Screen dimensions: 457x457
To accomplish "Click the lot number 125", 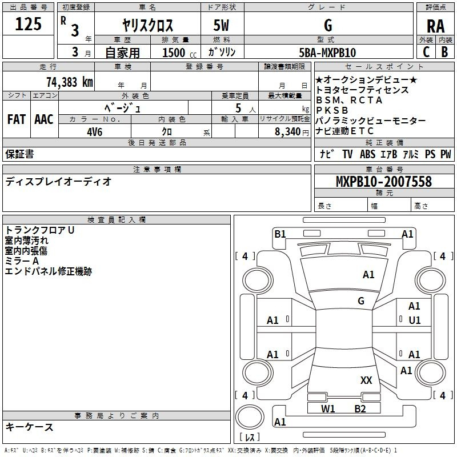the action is [x=28, y=24].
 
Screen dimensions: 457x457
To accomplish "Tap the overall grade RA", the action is [x=435, y=26].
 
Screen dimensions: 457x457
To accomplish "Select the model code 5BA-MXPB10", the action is [x=327, y=53].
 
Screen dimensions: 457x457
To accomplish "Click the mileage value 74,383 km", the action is [x=70, y=82].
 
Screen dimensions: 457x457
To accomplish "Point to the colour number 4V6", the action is [x=95, y=132].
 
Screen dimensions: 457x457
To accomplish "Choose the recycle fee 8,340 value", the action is [x=288, y=132].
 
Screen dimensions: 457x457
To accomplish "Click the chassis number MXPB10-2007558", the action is [x=384, y=181].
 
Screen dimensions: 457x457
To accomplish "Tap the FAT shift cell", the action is [x=17, y=119].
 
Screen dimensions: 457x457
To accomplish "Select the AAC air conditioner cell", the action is [x=44, y=119].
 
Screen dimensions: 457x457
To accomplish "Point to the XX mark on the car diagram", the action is [x=366, y=380].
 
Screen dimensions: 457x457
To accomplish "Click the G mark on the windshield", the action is [x=361, y=301].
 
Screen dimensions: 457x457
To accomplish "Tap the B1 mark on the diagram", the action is [x=280, y=234].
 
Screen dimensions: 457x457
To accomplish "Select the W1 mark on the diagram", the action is [x=328, y=409].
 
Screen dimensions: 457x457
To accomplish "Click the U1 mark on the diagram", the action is [x=415, y=320].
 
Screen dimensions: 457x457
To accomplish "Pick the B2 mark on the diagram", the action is [x=360, y=409].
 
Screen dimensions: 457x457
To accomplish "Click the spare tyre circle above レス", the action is [x=250, y=417].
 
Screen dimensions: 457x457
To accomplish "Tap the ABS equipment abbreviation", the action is [x=367, y=154].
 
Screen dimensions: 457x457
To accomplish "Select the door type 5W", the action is [x=221, y=25].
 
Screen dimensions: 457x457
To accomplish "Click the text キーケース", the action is [x=29, y=427].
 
